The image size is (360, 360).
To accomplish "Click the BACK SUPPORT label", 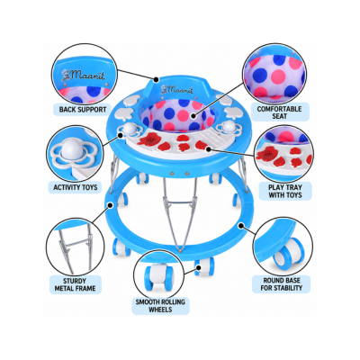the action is click(83, 110).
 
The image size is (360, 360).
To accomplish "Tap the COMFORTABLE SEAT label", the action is click(279, 112).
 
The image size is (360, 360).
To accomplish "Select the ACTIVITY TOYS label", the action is click(76, 187).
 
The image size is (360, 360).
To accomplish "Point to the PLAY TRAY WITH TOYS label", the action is click(285, 191).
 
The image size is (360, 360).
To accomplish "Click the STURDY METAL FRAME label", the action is click(75, 284).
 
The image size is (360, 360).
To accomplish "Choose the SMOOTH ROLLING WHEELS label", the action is click(160, 305).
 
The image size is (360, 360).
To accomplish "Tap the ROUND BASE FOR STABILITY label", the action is click(281, 284).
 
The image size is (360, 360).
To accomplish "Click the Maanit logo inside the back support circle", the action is click(83, 75).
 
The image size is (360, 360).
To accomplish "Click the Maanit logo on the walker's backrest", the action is click(176, 89).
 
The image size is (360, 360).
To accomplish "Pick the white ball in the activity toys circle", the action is click(72, 149).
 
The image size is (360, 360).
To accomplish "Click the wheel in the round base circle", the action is click(286, 253).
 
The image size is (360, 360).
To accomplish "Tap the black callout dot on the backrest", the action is click(156, 79).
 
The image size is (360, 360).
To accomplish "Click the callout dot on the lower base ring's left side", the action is click(111, 205).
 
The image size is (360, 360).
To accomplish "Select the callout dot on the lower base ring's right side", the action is click(241, 225).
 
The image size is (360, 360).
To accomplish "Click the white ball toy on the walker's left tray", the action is click(130, 129).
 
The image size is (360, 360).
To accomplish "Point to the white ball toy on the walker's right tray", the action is click(229, 126).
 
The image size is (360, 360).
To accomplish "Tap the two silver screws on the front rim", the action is click(179, 174).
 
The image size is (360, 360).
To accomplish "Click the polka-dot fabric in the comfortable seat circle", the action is click(274, 77).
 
